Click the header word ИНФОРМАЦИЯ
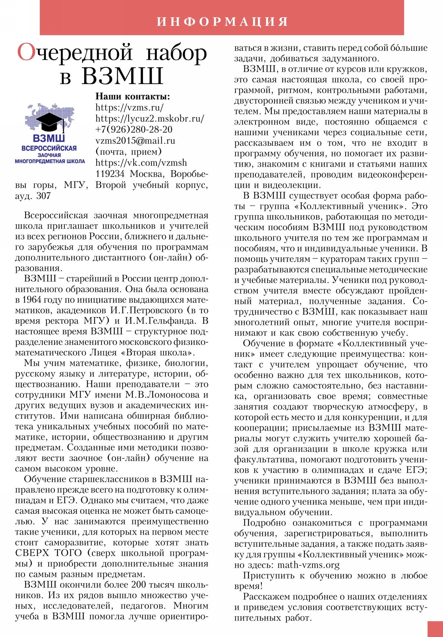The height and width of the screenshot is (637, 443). pyautogui.click(x=222, y=21)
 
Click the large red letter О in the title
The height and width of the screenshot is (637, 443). pyautogui.click(x=27, y=52)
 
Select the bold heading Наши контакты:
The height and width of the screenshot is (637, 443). pyautogui.click(x=133, y=96)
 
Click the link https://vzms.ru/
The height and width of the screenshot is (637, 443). pyautogui.click(x=129, y=107)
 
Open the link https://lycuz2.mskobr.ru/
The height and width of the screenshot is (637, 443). pyautogui.click(x=150, y=119)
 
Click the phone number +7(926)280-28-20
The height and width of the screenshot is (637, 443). pyautogui.click(x=134, y=130)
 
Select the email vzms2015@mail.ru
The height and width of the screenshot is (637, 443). pyautogui.click(x=135, y=141)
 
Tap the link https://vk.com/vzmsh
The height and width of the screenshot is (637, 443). pyautogui.click(x=141, y=163)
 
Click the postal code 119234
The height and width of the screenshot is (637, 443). pyautogui.click(x=110, y=174)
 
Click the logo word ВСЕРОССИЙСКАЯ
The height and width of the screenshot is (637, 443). pyautogui.click(x=49, y=148)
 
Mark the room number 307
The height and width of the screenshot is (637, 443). pyautogui.click(x=43, y=196)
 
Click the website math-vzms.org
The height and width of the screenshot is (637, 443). pyautogui.click(x=309, y=565)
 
